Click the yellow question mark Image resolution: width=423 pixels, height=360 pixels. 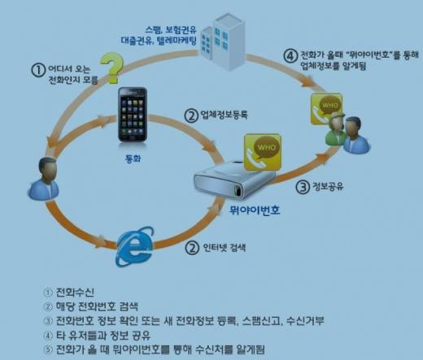(x=112, y=67)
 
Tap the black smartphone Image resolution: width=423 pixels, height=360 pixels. (x=133, y=115)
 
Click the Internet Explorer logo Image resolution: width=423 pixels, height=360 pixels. (x=135, y=246)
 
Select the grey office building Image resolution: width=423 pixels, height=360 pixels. (x=223, y=42)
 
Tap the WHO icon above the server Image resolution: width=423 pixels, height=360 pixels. (x=263, y=152)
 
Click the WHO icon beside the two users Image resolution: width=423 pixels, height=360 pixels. (x=326, y=108)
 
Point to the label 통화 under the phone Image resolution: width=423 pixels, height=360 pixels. (x=133, y=158)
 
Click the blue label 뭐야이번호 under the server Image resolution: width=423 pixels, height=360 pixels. (x=255, y=210)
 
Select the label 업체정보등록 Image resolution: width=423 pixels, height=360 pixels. (x=224, y=115)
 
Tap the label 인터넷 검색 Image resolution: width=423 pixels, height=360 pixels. (x=225, y=248)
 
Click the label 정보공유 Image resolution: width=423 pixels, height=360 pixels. (x=328, y=186)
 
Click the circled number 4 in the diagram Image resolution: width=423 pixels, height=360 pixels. (x=290, y=56)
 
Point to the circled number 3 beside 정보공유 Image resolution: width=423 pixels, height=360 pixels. (x=303, y=187)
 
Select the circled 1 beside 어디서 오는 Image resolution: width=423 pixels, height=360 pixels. (x=38, y=70)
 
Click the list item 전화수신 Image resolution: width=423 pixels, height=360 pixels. (x=75, y=292)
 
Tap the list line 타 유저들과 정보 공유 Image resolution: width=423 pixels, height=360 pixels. (x=103, y=336)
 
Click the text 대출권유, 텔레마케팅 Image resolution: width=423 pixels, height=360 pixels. (x=159, y=41)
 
